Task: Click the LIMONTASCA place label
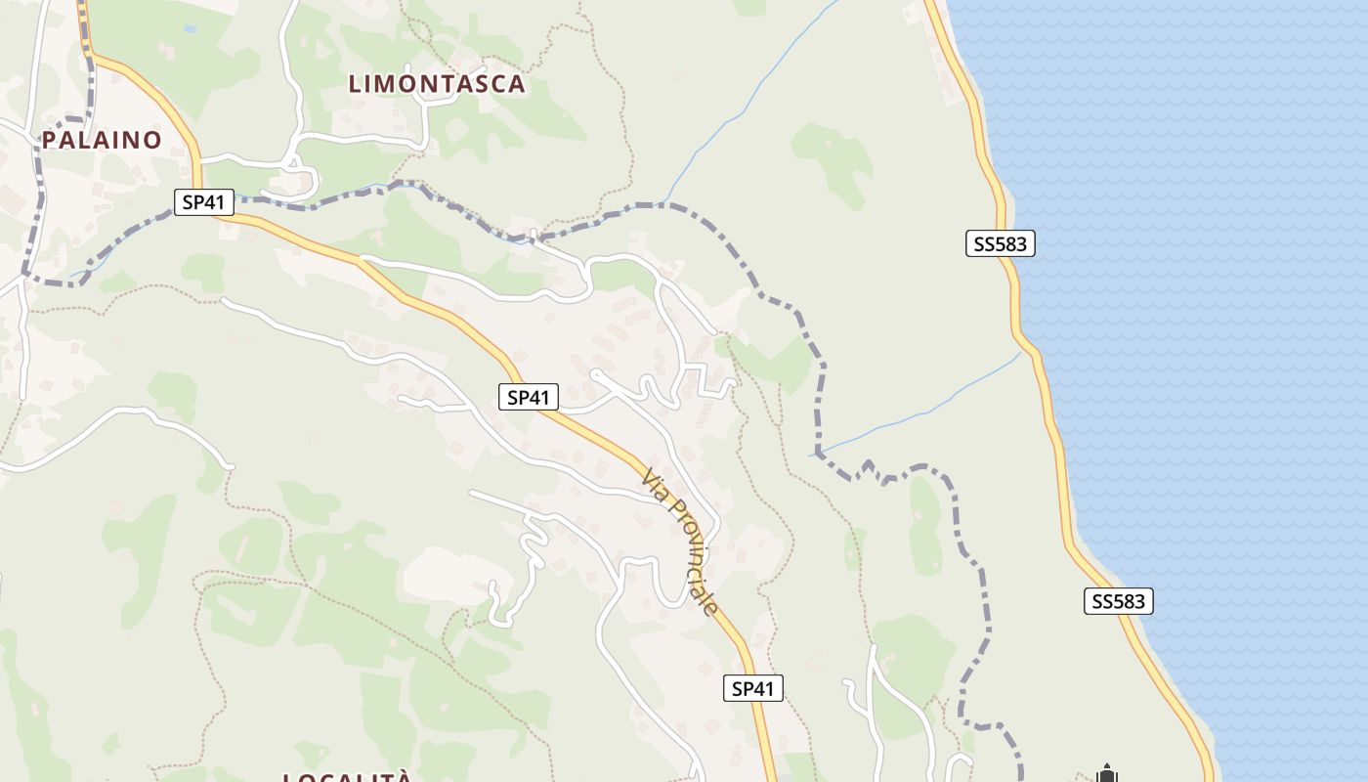[x=437, y=84]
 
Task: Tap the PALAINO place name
[x=102, y=140]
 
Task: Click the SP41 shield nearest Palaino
[x=204, y=202]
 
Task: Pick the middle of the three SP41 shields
[x=529, y=397]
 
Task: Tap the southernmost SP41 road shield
[x=753, y=688]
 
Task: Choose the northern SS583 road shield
[x=1001, y=243]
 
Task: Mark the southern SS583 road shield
[x=1119, y=601]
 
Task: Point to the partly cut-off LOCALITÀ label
[x=347, y=777]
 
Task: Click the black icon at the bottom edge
[x=1106, y=774]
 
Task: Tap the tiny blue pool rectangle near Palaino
[x=190, y=29]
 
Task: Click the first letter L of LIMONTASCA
[x=356, y=84]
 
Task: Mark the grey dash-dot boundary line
[x=821, y=391]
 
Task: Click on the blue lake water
[x=1221, y=293]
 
